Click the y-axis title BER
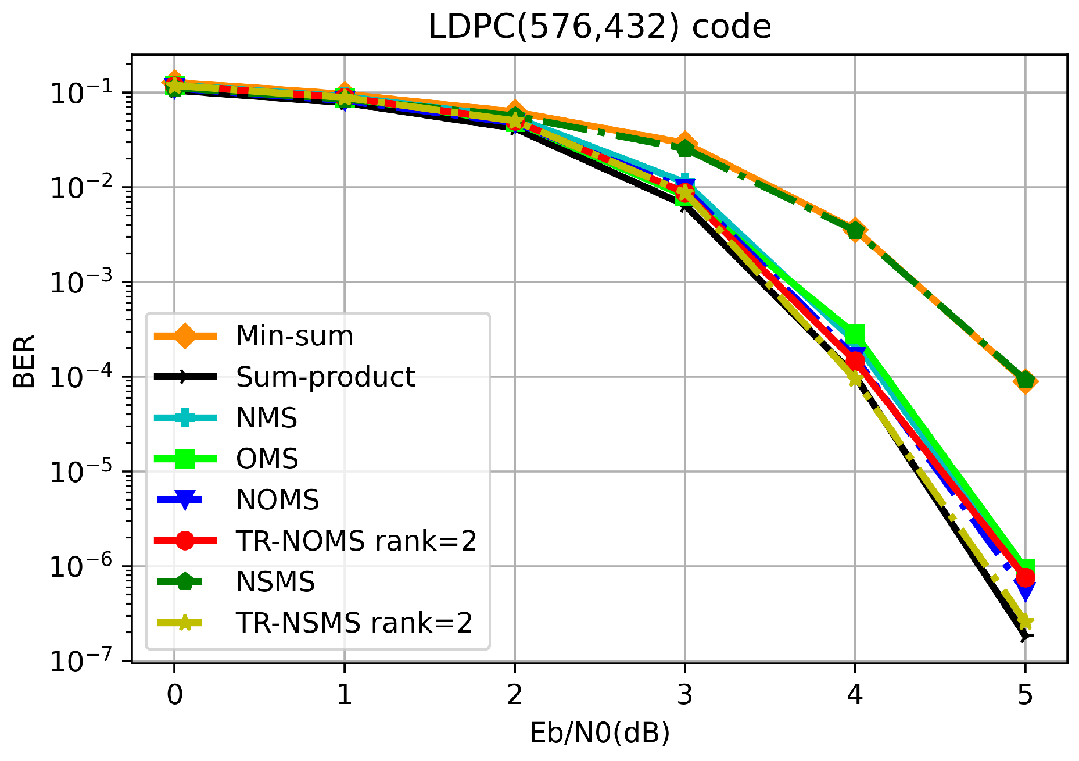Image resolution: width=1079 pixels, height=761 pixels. point(24,361)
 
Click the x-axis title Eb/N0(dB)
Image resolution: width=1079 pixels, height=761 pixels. point(599,733)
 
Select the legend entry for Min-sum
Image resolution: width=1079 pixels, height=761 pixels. point(295,336)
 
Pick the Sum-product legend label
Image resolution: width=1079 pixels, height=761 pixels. point(325,377)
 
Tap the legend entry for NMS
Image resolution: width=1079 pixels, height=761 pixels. point(267,418)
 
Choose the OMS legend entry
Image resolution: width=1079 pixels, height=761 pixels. point(267,459)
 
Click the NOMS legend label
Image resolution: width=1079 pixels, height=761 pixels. point(277,500)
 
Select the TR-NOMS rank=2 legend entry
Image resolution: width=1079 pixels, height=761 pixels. point(356,541)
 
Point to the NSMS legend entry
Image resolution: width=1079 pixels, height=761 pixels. point(275,582)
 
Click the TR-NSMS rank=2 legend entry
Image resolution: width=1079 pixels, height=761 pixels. point(354,623)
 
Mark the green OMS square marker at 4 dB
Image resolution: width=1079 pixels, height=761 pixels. point(855,335)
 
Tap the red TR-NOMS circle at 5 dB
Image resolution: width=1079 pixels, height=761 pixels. point(1026,578)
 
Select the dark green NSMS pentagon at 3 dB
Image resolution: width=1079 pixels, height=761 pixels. point(685,148)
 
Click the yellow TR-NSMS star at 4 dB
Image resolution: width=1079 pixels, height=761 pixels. point(855,378)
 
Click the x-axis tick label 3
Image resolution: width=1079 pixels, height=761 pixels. point(684,694)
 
